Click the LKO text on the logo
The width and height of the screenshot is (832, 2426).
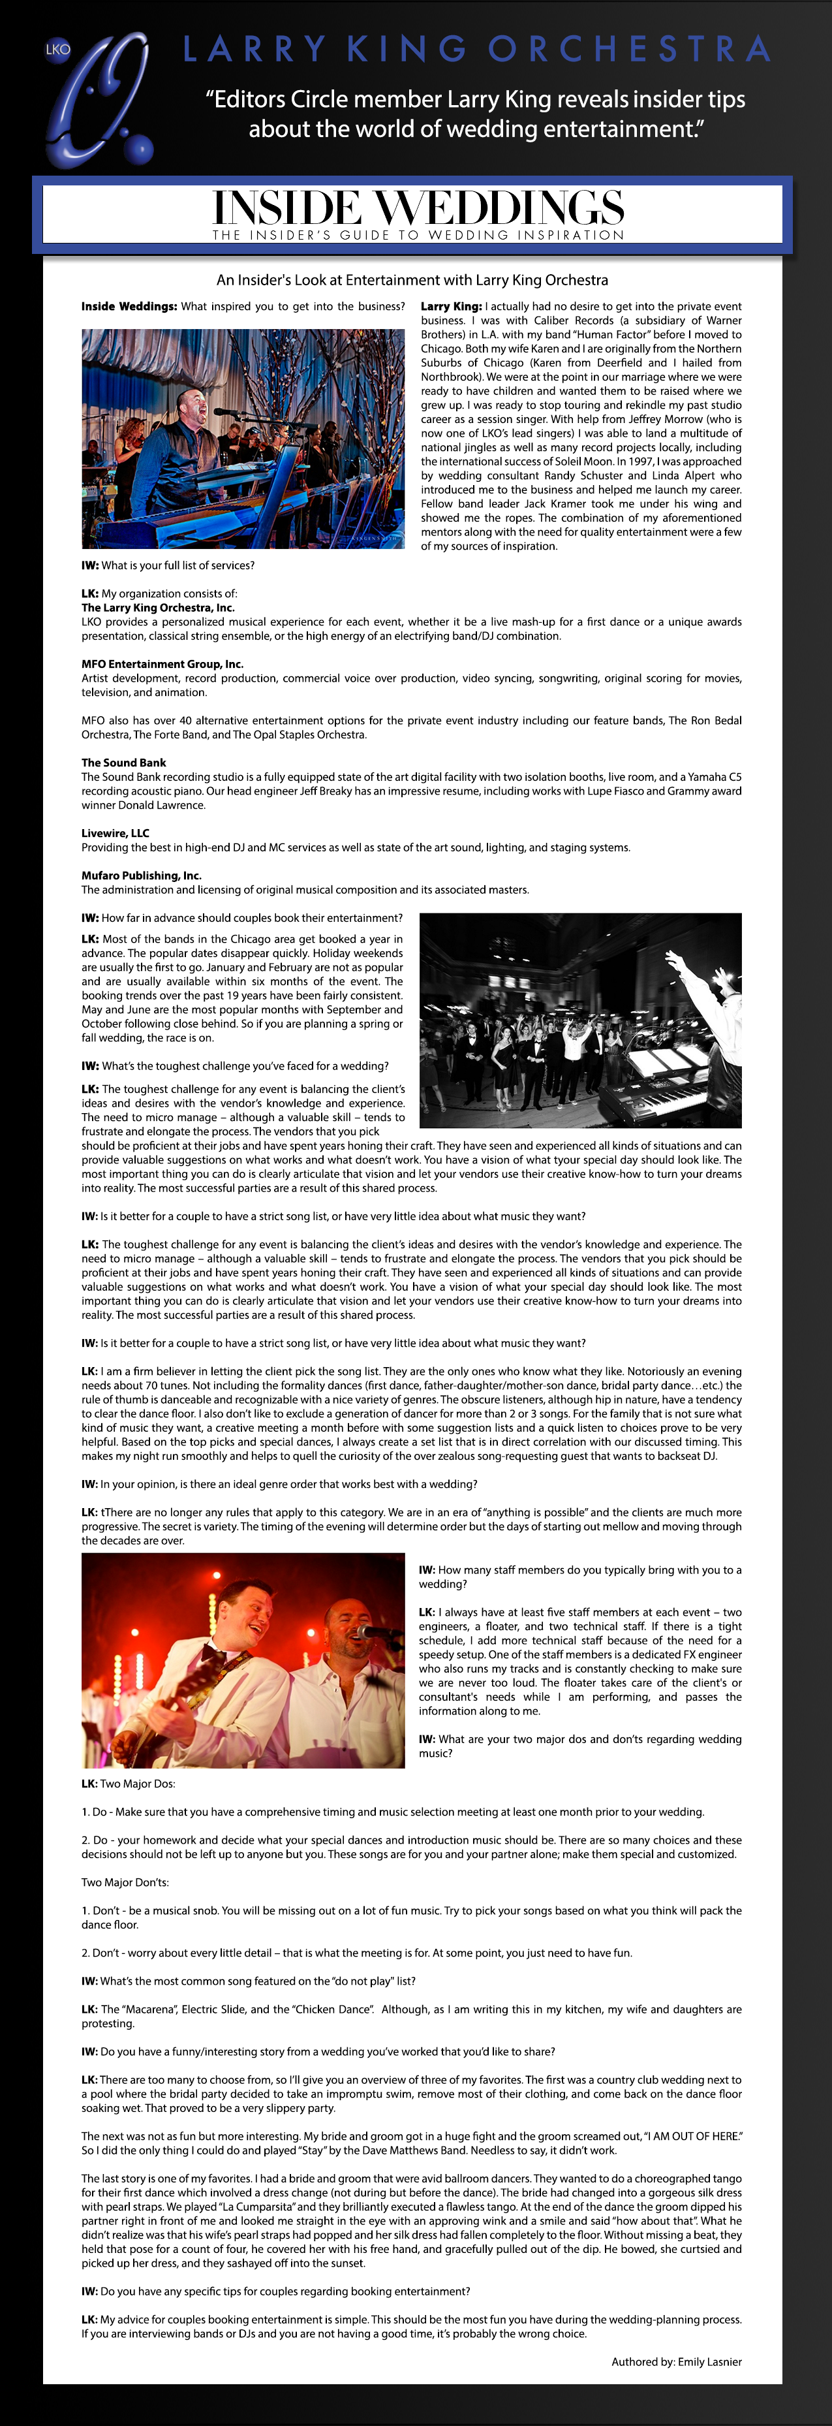pyautogui.click(x=57, y=49)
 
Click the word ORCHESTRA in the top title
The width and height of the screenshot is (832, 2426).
pyautogui.click(x=628, y=49)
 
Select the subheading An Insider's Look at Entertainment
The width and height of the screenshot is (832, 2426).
pyautogui.click(x=412, y=279)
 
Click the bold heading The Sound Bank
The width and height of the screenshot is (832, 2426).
pyautogui.click(x=123, y=763)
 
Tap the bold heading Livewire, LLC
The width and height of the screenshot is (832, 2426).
pyautogui.click(x=115, y=834)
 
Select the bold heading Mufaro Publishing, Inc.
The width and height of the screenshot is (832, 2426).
pyautogui.click(x=141, y=876)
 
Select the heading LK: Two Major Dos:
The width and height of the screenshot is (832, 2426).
pyautogui.click(x=128, y=1784)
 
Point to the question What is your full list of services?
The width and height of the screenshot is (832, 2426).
pyautogui.click(x=168, y=565)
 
